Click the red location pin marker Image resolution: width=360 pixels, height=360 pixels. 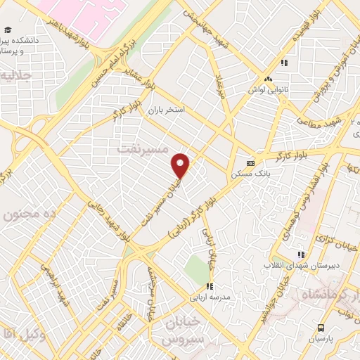[x=181, y=165]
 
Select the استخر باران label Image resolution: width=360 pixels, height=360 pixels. [x=166, y=110]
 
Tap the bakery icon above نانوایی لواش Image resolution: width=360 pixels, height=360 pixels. [x=268, y=79]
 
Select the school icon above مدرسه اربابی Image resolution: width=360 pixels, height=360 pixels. [x=209, y=285]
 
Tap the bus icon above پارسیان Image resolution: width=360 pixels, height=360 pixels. [x=321, y=328]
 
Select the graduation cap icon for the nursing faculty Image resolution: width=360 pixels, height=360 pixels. [x=8, y=30]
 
